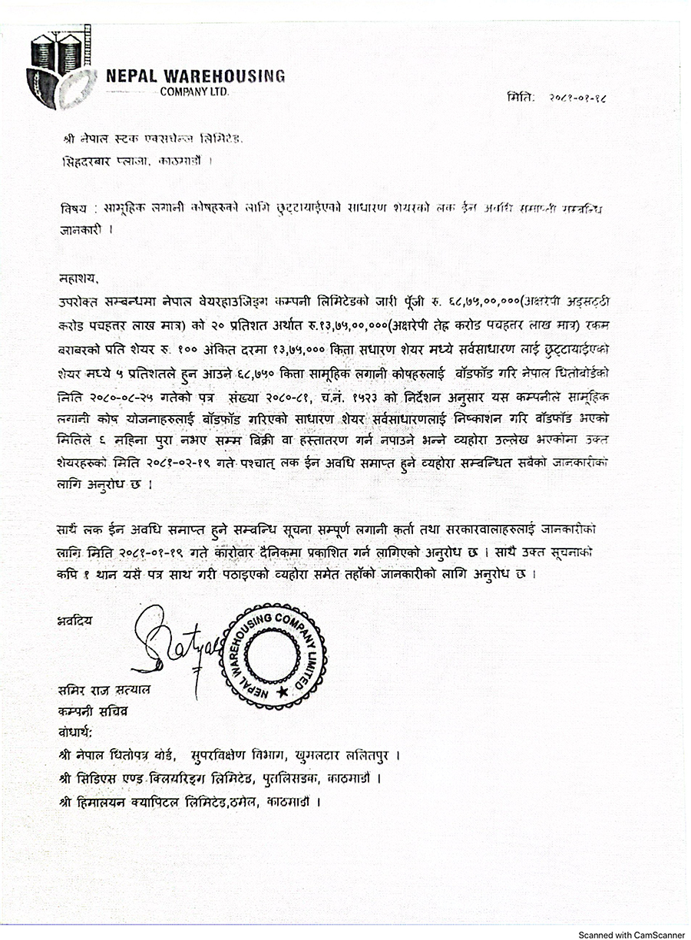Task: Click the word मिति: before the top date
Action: pyautogui.click(x=521, y=98)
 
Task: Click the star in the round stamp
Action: pyautogui.click(x=283, y=692)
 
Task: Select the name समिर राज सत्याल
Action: pyautogui.click(x=104, y=691)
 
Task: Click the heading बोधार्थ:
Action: pyautogui.click(x=79, y=731)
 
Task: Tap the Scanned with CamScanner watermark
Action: pyautogui.click(x=631, y=935)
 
